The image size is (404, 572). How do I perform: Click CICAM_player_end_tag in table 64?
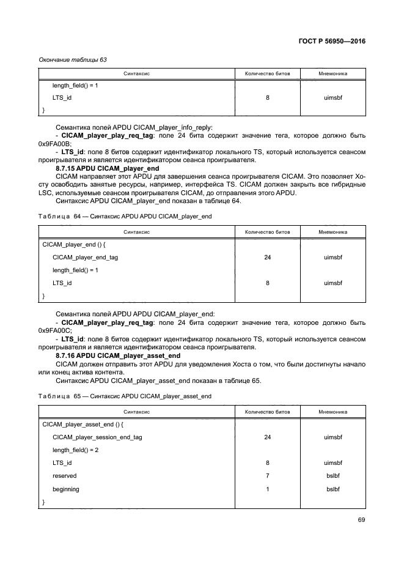point(85,258)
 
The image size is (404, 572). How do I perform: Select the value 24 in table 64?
point(267,258)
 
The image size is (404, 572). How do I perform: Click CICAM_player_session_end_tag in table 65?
point(97,437)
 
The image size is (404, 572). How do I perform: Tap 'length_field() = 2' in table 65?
point(76,450)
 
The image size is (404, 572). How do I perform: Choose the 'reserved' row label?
point(65,475)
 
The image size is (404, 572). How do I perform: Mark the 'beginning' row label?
point(66,489)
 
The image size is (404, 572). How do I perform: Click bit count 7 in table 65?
point(267,475)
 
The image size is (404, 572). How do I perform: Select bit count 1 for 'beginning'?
point(267,489)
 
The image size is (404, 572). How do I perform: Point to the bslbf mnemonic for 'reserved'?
point(333,475)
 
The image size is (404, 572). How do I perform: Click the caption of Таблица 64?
point(125,217)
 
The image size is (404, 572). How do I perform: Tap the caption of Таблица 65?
point(125,396)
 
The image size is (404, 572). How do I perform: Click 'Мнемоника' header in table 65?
point(333,412)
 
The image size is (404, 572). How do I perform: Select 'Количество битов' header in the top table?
point(267,73)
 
